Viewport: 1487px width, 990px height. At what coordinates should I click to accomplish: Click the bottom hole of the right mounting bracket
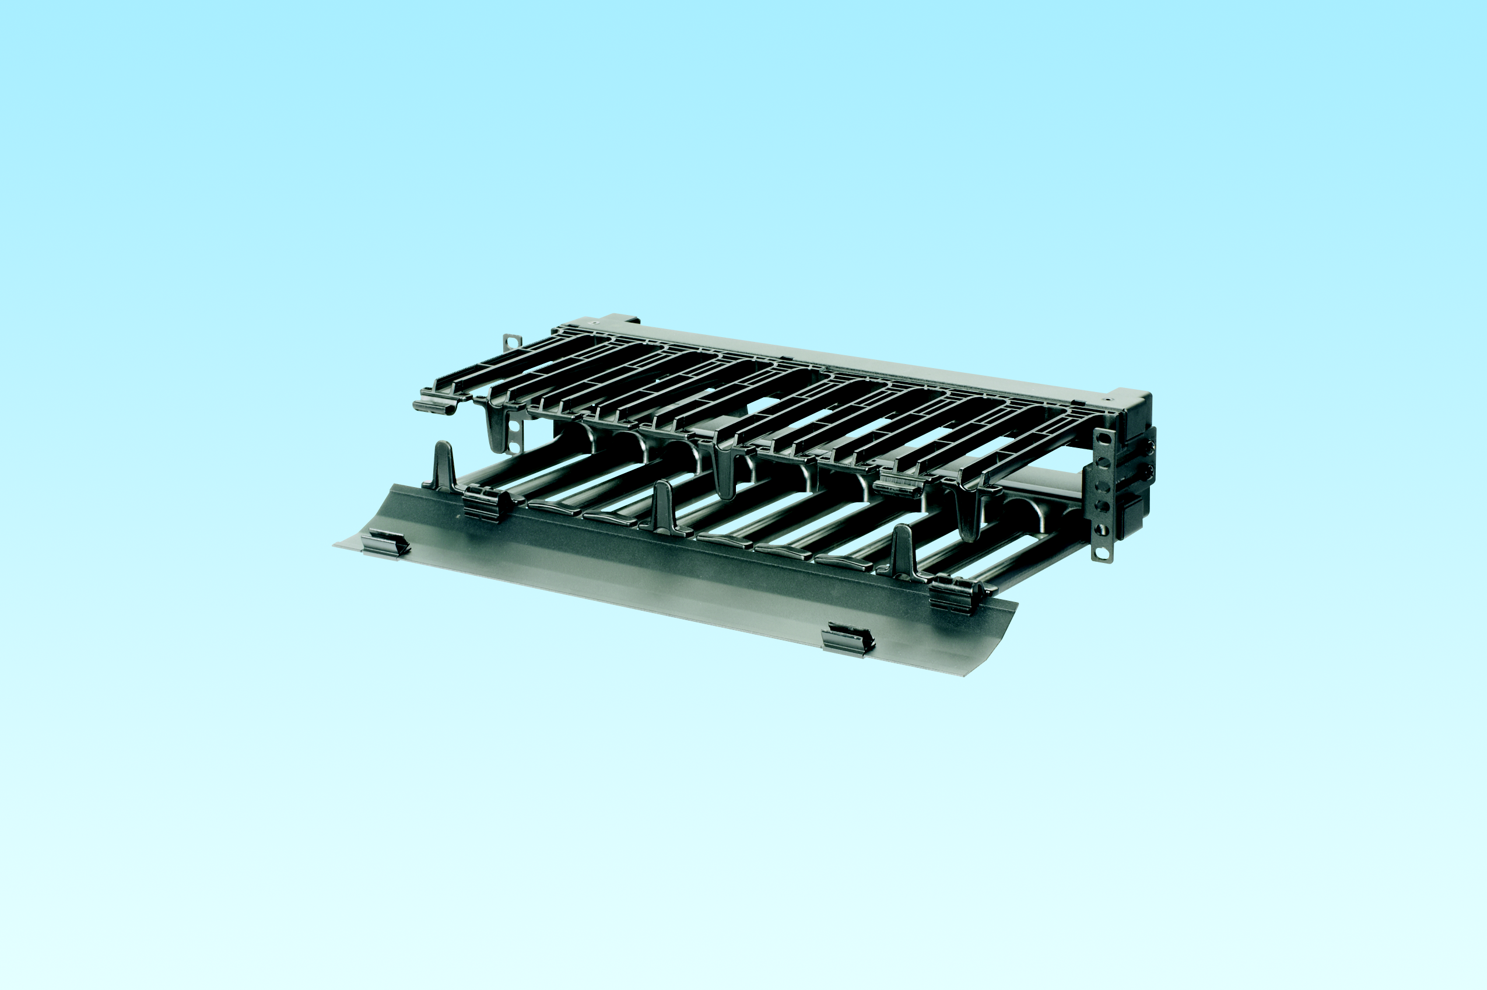pyautogui.click(x=1102, y=554)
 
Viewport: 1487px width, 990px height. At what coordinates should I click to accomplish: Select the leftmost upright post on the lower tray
pyautogui.click(x=444, y=465)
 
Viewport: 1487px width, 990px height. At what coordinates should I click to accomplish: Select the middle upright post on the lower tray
pyautogui.click(x=662, y=505)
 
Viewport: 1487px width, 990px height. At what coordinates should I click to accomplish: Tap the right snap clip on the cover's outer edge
pyautogui.click(x=848, y=639)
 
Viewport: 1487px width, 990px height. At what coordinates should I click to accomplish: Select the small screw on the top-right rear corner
pyautogui.click(x=1106, y=400)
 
